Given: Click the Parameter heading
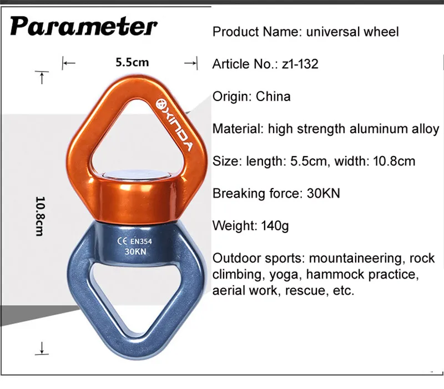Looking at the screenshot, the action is [84, 26].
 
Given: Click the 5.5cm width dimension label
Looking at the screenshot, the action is [132, 62].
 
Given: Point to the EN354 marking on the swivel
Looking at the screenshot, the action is [142, 241].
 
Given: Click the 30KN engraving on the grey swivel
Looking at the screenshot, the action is [135, 251].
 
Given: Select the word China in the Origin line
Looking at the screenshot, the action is [273, 96].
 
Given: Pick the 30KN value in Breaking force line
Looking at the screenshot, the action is [323, 193].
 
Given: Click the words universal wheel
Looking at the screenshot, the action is [353, 31].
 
